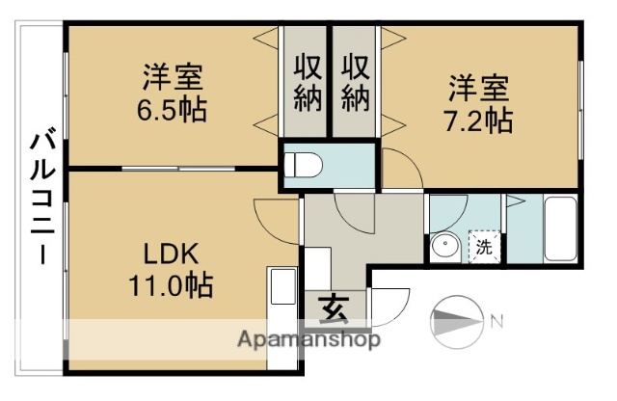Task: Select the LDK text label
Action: coord(173,254)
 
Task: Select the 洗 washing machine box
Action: coord(484,246)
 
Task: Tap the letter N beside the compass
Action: coord(496,321)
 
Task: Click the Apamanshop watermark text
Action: coord(308,339)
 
